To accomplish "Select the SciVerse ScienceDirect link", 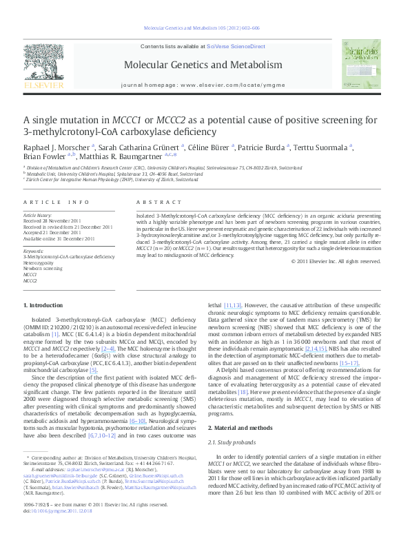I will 240,46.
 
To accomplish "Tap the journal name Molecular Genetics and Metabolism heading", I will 203,65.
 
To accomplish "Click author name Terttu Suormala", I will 323,147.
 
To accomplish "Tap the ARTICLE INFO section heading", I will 57,202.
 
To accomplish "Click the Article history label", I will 39,215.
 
